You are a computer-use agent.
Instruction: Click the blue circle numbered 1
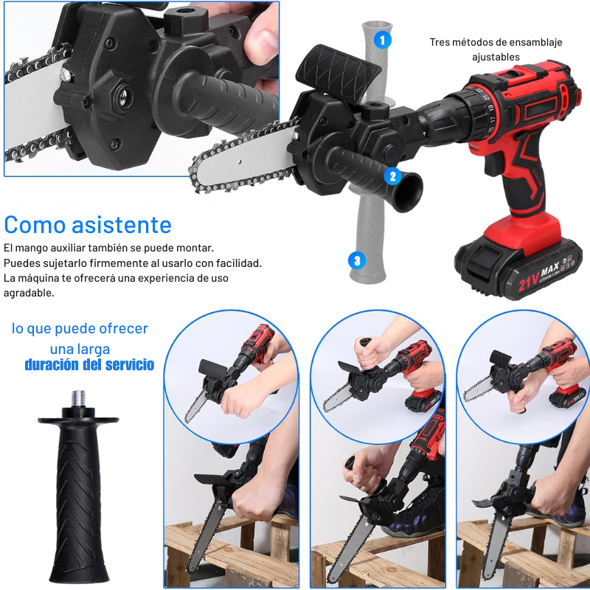click(383, 39)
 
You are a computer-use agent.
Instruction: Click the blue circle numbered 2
click(392, 176)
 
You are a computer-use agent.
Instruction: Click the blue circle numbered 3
click(357, 260)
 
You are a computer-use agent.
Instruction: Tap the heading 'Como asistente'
click(88, 224)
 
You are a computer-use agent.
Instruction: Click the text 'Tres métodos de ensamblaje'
click(496, 42)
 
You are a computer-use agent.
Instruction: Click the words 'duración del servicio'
click(89, 365)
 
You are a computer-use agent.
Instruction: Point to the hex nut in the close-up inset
click(119, 96)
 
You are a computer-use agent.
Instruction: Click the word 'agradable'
click(29, 293)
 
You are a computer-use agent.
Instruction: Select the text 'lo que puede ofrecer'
click(80, 329)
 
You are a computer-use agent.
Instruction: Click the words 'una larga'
click(80, 349)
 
